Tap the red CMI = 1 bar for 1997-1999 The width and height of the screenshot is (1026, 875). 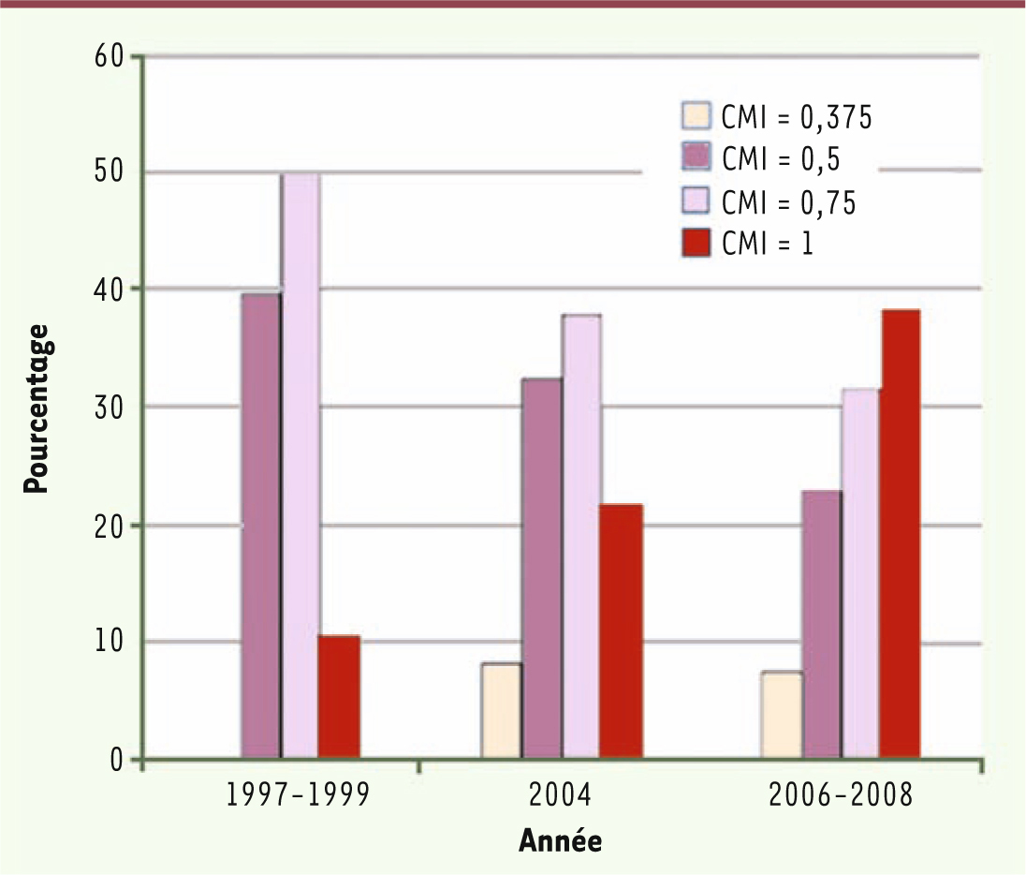click(340, 697)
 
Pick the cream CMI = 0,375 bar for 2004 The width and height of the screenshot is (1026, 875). click(502, 711)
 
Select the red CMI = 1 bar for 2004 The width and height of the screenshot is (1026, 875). click(622, 631)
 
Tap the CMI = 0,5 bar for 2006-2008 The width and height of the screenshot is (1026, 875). click(821, 624)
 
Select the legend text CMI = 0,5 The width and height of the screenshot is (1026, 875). click(781, 158)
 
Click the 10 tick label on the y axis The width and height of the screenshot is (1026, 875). click(111, 642)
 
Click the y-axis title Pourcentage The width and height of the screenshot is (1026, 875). click(37, 408)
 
